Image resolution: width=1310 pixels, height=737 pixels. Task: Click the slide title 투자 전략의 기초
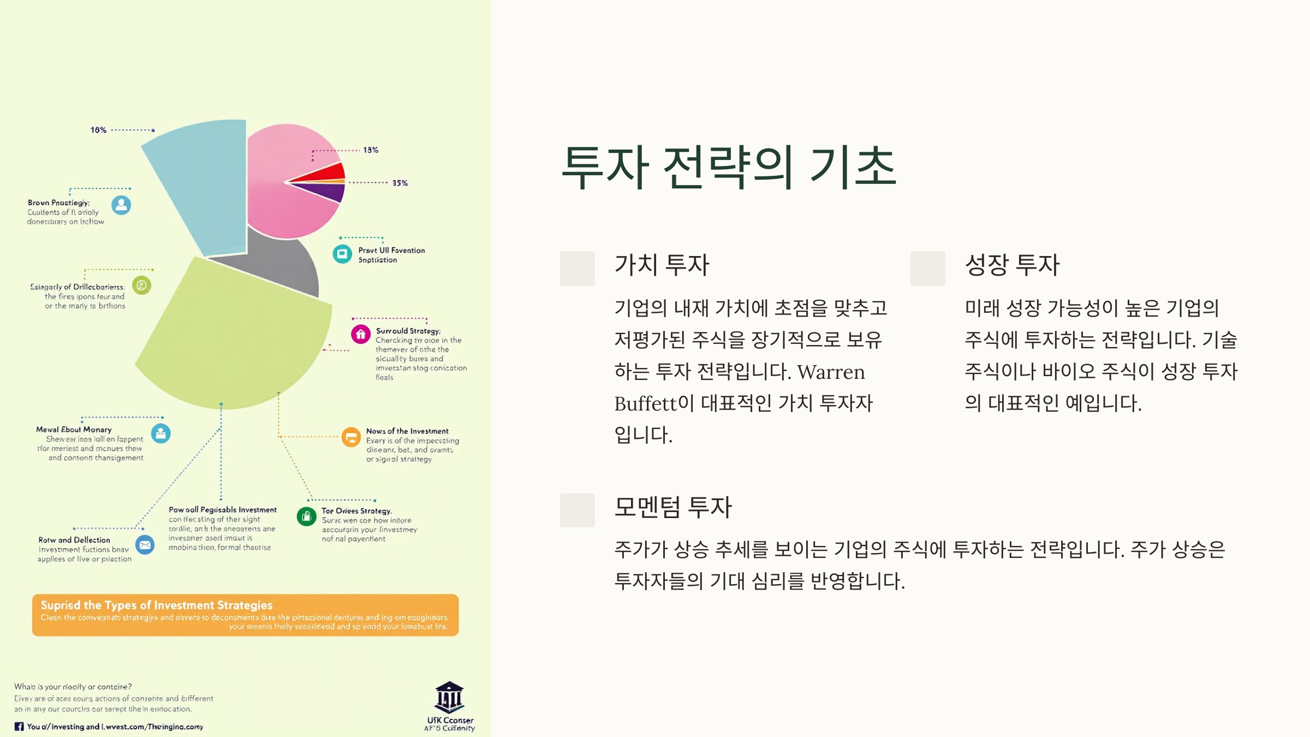[x=729, y=168]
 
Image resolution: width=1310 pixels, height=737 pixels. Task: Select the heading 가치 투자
[x=662, y=265]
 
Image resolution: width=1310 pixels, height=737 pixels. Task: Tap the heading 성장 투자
[x=1012, y=265]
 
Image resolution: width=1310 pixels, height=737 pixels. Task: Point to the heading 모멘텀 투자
[x=672, y=507]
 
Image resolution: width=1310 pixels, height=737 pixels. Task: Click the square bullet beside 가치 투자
[x=577, y=268]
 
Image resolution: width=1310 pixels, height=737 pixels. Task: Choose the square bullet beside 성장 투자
[x=927, y=268]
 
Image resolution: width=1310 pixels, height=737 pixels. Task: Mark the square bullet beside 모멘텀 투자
[x=577, y=510]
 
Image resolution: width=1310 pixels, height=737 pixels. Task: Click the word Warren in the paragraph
[x=831, y=372]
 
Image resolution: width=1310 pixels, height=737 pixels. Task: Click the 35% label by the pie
[x=400, y=183]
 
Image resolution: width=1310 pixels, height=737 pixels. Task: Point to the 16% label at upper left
[x=98, y=130]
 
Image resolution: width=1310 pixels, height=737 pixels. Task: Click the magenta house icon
[x=361, y=334]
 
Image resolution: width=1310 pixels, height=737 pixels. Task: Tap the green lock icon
[x=306, y=516]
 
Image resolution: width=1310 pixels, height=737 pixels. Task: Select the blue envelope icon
[x=145, y=545]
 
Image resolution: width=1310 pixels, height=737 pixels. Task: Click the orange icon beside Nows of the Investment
[x=351, y=437]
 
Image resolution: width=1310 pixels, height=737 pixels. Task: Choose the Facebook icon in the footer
[x=19, y=727]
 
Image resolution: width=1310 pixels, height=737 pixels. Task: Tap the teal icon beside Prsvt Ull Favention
[x=342, y=254]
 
